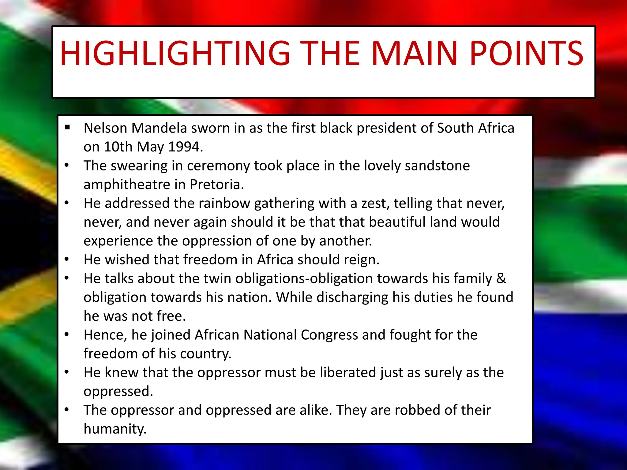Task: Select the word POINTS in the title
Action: (x=526, y=54)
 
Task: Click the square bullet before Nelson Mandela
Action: (x=67, y=127)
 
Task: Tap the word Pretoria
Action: (x=216, y=185)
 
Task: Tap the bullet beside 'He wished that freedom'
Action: (x=67, y=259)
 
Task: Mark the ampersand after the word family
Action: (x=501, y=278)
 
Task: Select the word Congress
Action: (x=329, y=335)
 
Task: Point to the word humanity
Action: (x=115, y=429)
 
